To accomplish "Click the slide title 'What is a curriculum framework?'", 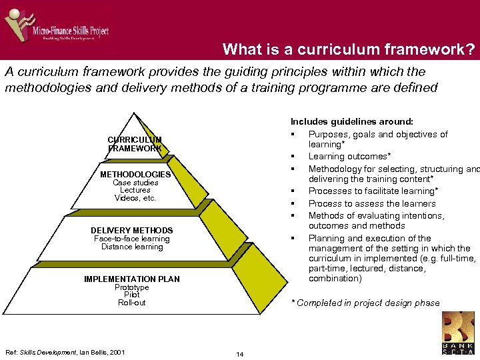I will [349, 49].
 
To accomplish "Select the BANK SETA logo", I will [459, 333].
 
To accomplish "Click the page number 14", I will [240, 354].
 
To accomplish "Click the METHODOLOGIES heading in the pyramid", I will [135, 175].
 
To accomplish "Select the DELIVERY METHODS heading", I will [131, 231].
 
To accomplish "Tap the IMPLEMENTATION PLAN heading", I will [131, 279].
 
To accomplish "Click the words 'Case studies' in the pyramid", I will [135, 183].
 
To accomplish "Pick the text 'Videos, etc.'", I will [135, 198].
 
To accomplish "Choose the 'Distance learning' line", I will [131, 247].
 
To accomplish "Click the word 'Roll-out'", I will [131, 303].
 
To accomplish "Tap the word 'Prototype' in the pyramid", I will [131, 287].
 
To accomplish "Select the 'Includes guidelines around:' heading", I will [351, 122].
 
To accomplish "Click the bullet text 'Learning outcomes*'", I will [349, 157].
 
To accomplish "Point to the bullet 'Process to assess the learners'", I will [371, 204].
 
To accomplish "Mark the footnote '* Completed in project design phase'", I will [366, 303].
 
